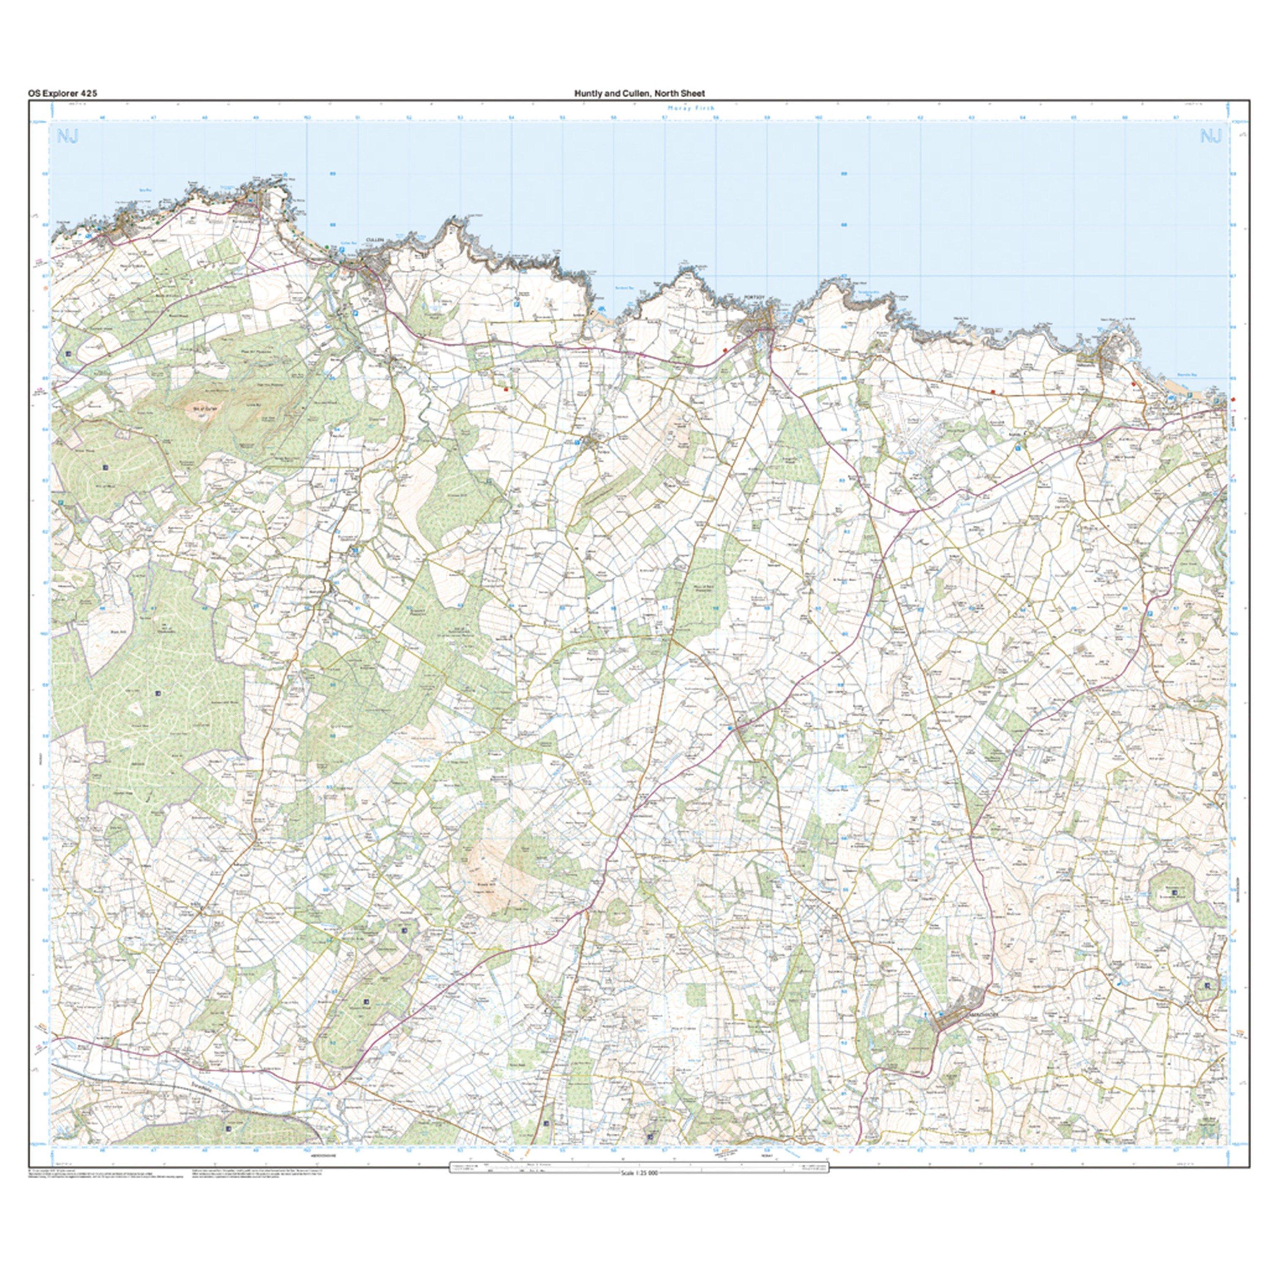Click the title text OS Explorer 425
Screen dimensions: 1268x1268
click(x=62, y=93)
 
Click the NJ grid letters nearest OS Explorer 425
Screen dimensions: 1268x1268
click(x=68, y=137)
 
